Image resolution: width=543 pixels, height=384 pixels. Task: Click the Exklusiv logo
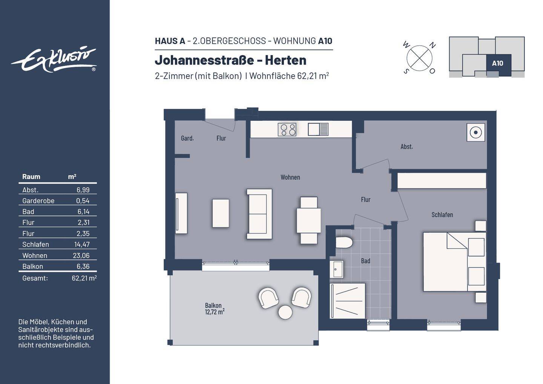pos(54,60)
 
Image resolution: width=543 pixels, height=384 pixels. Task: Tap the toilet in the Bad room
pos(344,243)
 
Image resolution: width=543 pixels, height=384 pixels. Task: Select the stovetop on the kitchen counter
pos(287,129)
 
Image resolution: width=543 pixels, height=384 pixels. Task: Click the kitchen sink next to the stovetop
pos(318,129)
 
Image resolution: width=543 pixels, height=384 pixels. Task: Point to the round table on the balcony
pos(285,312)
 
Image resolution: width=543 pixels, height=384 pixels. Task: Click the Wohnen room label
pos(290,177)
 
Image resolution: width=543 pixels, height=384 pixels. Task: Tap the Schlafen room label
pos(442,215)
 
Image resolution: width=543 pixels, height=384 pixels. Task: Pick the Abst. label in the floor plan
pos(406,146)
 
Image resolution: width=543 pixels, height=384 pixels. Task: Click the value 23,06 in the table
pos(81,255)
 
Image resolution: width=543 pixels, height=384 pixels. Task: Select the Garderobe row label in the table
pos(38,201)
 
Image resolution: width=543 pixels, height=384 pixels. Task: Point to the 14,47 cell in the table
pos(82,244)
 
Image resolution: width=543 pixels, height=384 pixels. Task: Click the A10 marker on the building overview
pos(498,63)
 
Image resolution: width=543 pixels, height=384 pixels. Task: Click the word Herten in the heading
pos(285,60)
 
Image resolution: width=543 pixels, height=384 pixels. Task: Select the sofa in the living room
pos(259,214)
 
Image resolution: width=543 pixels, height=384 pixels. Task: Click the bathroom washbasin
pos(336,269)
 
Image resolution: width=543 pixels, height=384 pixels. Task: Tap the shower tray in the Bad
pos(347,301)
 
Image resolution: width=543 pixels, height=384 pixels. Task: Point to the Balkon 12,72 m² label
pos(215,309)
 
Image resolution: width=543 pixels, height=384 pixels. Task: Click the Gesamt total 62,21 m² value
pos(84,278)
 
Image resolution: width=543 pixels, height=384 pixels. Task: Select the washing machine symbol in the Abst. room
pos(476,132)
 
